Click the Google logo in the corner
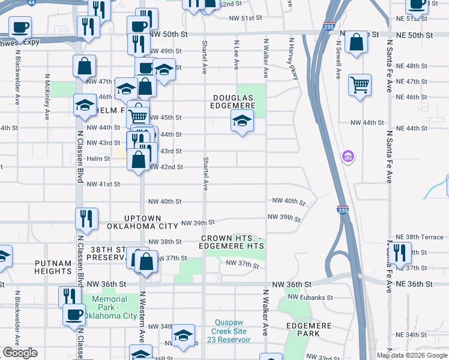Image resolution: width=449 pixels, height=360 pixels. (20, 353)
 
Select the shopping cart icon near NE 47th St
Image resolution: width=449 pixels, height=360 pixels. (360, 85)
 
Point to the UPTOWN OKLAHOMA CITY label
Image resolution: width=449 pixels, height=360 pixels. (143, 222)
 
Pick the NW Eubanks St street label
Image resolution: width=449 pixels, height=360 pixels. (310, 296)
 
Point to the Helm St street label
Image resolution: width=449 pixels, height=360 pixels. (99, 158)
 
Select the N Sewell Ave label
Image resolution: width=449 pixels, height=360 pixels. (339, 60)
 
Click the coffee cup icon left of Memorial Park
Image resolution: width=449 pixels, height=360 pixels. (74, 314)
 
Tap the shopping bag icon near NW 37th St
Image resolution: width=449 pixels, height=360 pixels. (146, 261)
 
